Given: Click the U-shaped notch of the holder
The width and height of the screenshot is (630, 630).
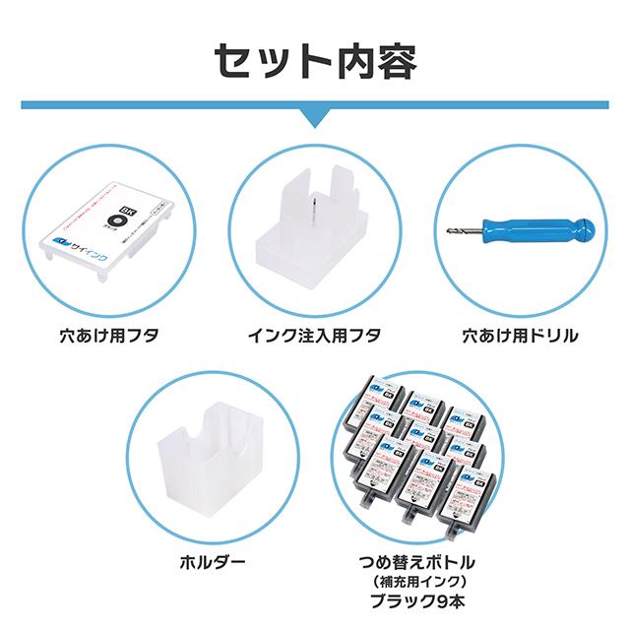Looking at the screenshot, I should point(215,424).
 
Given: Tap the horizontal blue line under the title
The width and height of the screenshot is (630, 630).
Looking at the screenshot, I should point(148,103).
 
